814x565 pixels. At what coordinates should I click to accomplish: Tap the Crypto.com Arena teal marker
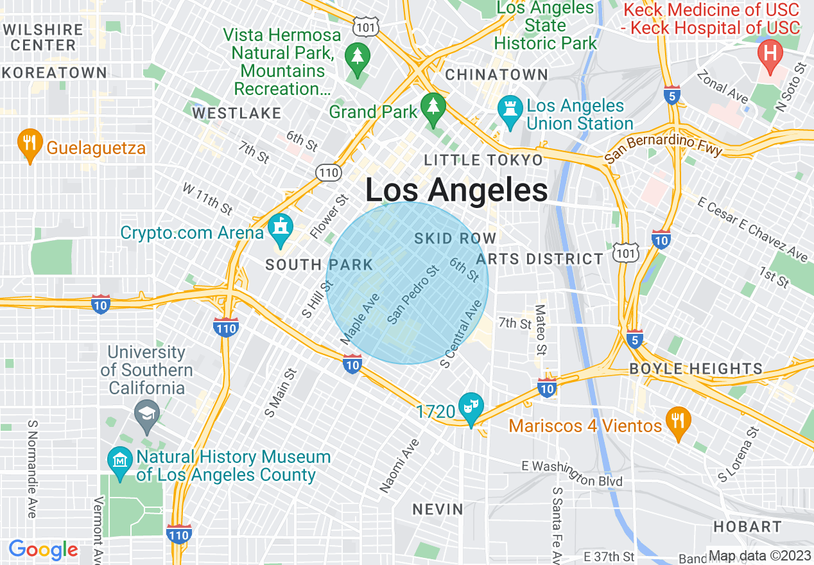pos(281,230)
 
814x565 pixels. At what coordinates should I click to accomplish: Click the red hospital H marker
pos(770,55)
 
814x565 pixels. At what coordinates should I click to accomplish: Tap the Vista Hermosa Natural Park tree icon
pos(355,58)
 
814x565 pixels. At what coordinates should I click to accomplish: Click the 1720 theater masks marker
pos(471,409)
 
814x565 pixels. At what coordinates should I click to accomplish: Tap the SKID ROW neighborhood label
pos(455,239)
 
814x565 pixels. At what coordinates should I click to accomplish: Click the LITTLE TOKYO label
pos(483,159)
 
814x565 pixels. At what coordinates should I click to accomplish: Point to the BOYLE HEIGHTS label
pos(695,369)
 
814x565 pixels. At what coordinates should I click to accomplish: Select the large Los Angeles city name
pos(456,191)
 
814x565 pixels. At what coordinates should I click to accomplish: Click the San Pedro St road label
pos(413,295)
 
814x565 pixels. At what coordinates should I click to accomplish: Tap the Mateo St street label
pos(540,330)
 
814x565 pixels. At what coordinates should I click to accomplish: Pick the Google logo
pos(43,550)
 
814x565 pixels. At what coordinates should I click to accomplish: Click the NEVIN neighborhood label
pos(438,509)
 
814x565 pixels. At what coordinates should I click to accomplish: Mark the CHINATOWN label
pos(496,74)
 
